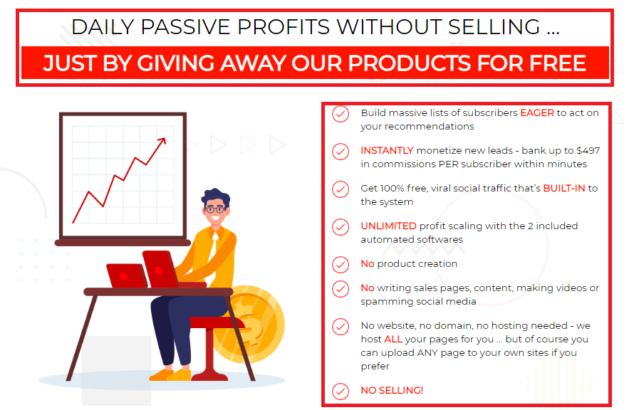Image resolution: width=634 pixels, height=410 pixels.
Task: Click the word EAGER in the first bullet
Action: coord(537,112)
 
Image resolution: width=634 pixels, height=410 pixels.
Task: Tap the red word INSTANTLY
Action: coord(387,151)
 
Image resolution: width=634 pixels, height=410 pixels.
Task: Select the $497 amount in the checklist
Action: coord(588,151)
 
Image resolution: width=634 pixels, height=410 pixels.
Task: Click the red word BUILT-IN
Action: coord(564,188)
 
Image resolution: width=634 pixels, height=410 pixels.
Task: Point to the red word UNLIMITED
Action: coord(388,226)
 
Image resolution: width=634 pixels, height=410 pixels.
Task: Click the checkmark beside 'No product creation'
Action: coord(341,265)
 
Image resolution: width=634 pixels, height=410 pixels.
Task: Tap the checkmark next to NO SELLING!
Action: coord(341,391)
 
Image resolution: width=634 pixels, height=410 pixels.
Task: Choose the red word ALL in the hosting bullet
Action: coord(393,339)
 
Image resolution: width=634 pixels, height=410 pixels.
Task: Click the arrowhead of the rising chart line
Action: coord(162,142)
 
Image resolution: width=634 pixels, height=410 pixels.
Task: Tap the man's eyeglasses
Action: coord(214,209)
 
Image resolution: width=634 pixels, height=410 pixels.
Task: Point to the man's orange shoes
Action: coord(170,374)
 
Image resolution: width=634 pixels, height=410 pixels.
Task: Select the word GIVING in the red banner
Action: coord(175,63)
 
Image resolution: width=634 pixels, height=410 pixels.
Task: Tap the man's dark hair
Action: coord(216,196)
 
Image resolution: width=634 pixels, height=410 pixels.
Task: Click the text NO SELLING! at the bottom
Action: coord(392,391)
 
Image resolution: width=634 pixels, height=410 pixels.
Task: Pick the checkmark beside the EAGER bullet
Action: coord(341,114)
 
